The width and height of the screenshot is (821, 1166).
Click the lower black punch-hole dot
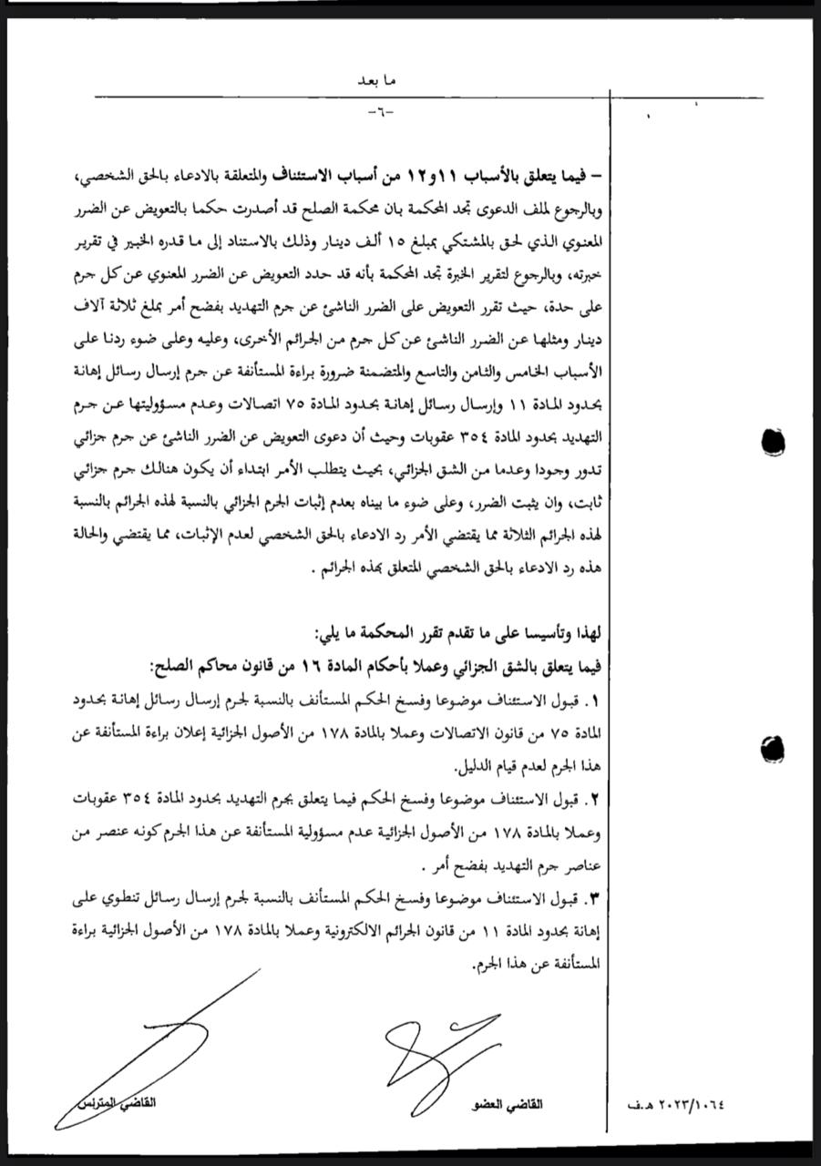pos(773,749)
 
